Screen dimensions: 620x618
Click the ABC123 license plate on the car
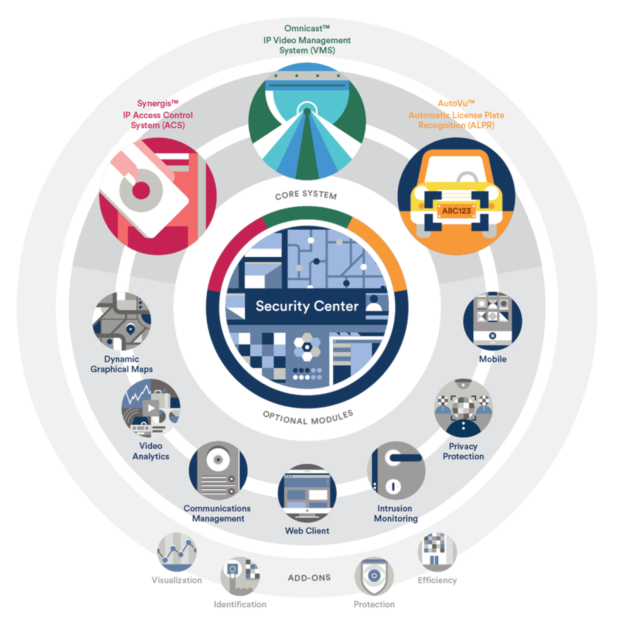[x=456, y=211]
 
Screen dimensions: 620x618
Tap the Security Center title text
[x=307, y=306]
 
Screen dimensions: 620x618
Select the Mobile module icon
[x=492, y=321]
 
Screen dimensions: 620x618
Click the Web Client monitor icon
[x=307, y=493]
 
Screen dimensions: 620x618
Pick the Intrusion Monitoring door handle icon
[x=396, y=470]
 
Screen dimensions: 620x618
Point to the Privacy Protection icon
[x=463, y=408]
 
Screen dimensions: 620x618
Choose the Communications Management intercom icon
[x=218, y=470]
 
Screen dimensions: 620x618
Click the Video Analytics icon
[x=151, y=408]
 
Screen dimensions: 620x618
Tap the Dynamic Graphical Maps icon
[x=122, y=321]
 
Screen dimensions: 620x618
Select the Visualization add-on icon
[x=177, y=552]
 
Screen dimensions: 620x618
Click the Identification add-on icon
[x=240, y=576]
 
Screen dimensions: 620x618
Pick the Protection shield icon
[x=374, y=576]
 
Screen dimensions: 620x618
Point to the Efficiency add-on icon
[x=437, y=552]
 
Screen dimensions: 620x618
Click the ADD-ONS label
[x=309, y=578]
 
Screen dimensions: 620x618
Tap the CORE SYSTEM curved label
[x=306, y=194]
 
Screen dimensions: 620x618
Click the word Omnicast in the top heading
[x=304, y=29]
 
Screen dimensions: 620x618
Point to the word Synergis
[x=155, y=104]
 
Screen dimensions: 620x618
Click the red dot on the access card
[x=141, y=191]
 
